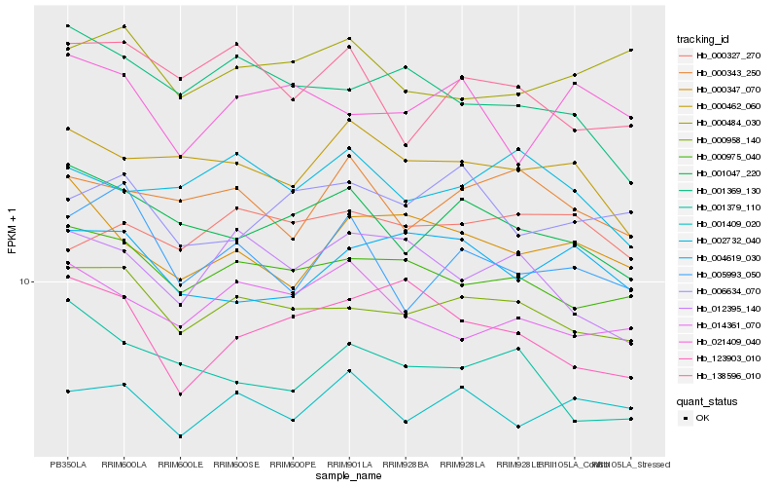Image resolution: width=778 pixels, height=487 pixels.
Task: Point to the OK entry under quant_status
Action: [702, 417]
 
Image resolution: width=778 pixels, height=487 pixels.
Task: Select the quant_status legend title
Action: [708, 400]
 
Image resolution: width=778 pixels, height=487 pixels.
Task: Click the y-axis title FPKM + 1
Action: [13, 231]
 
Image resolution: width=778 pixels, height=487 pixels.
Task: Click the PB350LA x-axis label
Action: [67, 464]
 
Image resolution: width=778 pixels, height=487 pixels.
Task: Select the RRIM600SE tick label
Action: [236, 464]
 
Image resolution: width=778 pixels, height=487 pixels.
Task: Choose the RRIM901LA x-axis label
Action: [348, 464]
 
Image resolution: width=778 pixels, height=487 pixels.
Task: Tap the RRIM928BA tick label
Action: [405, 464]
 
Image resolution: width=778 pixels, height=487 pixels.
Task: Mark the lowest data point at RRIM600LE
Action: [180, 436]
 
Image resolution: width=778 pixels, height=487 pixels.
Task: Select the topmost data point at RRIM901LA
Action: [348, 38]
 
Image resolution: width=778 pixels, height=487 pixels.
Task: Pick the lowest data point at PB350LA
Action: [67, 392]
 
